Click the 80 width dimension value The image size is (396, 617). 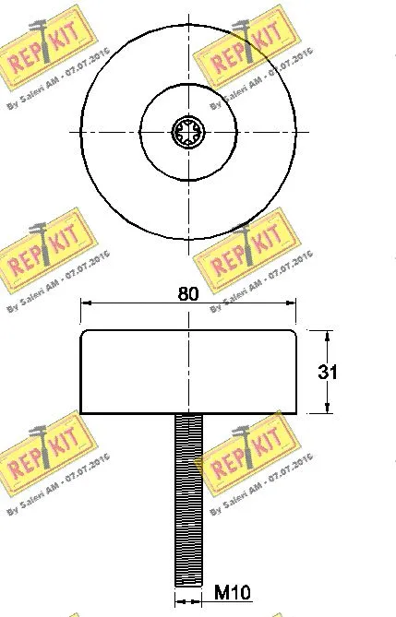click(x=188, y=294)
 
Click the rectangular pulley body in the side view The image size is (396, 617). click(x=188, y=372)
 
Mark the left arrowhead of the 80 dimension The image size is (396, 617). click(x=85, y=302)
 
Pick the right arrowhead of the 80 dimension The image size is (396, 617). click(x=293, y=302)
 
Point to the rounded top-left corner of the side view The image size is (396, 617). click(x=84, y=333)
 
